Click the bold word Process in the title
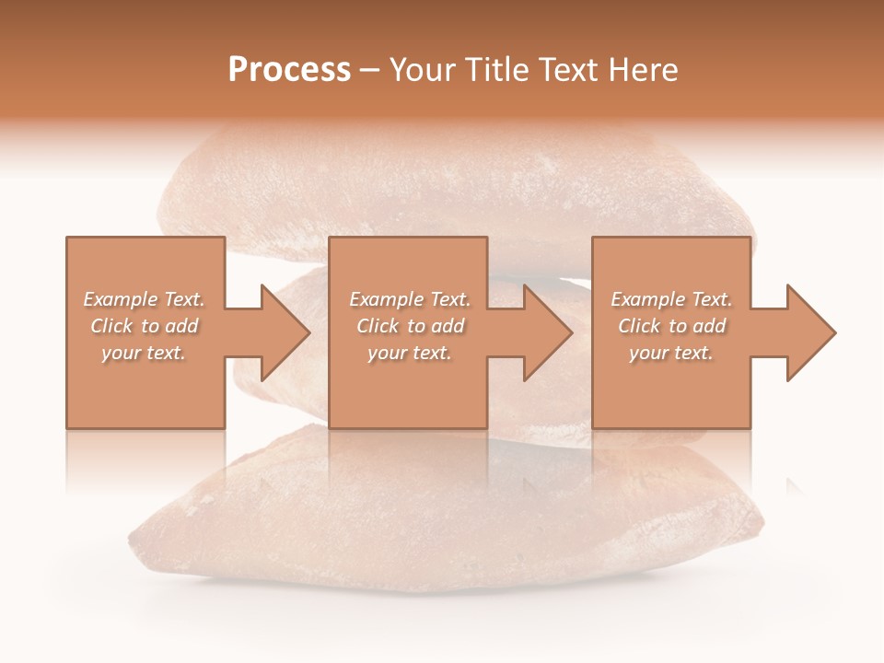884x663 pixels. [289, 70]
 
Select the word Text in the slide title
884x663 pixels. [566, 70]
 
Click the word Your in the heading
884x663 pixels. [424, 70]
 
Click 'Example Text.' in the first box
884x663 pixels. [145, 299]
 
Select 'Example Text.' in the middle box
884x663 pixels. [410, 299]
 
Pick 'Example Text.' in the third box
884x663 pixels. [671, 299]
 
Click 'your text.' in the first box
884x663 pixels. [145, 353]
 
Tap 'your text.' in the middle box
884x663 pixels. [410, 353]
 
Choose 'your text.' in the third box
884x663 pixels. [671, 353]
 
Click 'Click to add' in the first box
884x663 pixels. [145, 326]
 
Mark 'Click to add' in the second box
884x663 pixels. [410, 326]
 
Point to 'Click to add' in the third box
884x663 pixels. [671, 326]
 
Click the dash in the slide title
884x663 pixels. [370, 71]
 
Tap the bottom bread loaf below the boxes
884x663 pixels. [442, 525]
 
